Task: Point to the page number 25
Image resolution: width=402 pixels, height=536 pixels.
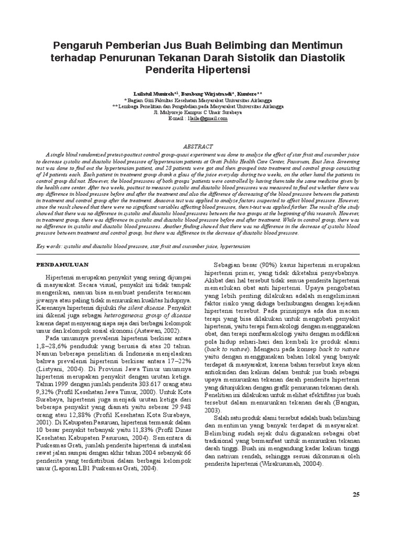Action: coord(357,495)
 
